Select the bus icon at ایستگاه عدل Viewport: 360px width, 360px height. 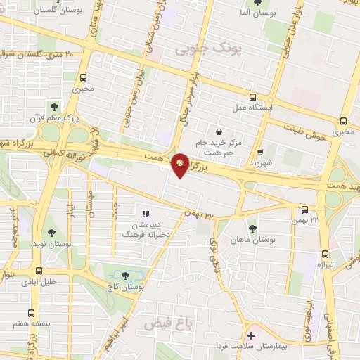click(252, 98)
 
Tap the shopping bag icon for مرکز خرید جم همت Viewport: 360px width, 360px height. click(219, 131)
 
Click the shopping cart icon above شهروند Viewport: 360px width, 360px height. click(260, 152)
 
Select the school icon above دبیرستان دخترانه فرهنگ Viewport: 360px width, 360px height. click(146, 213)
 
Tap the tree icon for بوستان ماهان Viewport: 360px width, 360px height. click(252, 229)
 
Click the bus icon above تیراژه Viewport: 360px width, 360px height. click(325, 254)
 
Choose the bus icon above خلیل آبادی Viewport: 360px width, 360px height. click(39, 271)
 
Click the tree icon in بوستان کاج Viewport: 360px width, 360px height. click(125, 276)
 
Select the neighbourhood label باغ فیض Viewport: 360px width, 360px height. click(168, 324)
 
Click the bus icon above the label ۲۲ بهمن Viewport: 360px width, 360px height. click(304, 210)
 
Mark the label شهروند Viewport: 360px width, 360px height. click(261, 163)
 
